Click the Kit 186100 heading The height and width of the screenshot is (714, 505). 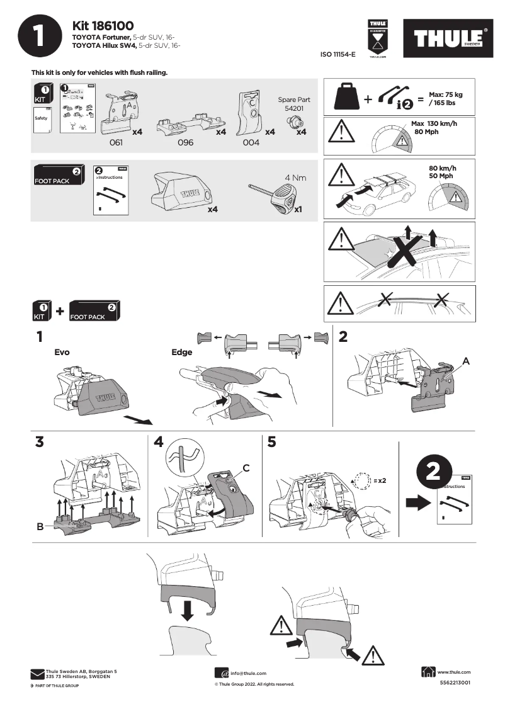[x=103, y=26]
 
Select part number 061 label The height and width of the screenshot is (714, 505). [x=116, y=143]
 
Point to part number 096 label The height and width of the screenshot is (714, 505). [x=185, y=143]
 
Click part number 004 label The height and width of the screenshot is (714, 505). [x=251, y=143]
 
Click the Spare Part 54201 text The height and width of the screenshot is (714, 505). [x=294, y=104]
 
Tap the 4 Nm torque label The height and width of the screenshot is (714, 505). [x=295, y=178]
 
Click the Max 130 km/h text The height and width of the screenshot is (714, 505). [x=434, y=128]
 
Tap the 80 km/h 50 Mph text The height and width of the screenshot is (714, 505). [x=442, y=172]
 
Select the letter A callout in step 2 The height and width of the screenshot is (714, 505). [x=466, y=361]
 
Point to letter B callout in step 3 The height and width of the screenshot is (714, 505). [x=40, y=528]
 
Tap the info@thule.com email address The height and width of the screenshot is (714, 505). [x=248, y=673]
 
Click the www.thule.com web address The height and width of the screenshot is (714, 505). [x=453, y=672]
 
